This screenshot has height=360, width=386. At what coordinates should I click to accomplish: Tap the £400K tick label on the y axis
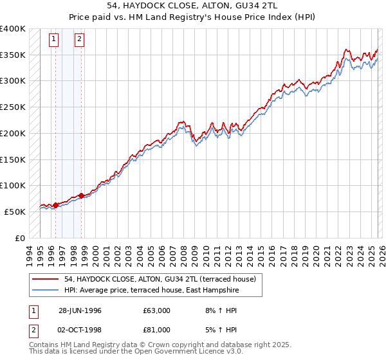click(12, 29)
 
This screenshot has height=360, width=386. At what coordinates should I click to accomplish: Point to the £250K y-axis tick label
click(12, 107)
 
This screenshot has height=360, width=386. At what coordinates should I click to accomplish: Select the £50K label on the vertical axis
click(15, 212)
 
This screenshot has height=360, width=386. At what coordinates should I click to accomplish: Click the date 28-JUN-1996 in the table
click(80, 310)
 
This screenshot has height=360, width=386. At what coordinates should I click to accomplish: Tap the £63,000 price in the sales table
click(157, 310)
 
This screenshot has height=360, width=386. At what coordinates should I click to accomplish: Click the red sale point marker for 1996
click(55, 205)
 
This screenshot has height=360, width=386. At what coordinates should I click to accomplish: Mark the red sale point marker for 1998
click(82, 195)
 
